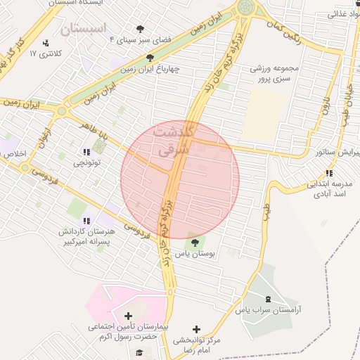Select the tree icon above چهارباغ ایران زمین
click(149, 58)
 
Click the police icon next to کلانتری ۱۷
click(46, 44)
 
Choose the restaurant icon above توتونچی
click(87, 152)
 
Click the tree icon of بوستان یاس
click(195, 243)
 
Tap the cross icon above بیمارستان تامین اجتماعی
click(127, 316)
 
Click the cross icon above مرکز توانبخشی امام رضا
click(196, 329)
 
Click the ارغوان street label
click(46, 136)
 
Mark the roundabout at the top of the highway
click(246, 8)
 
